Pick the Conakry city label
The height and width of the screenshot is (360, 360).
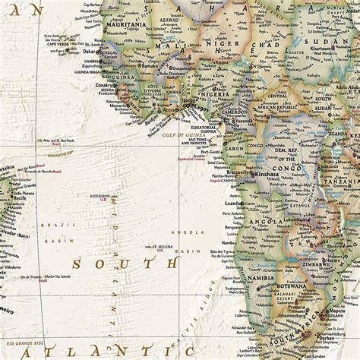[x=100, y=84]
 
